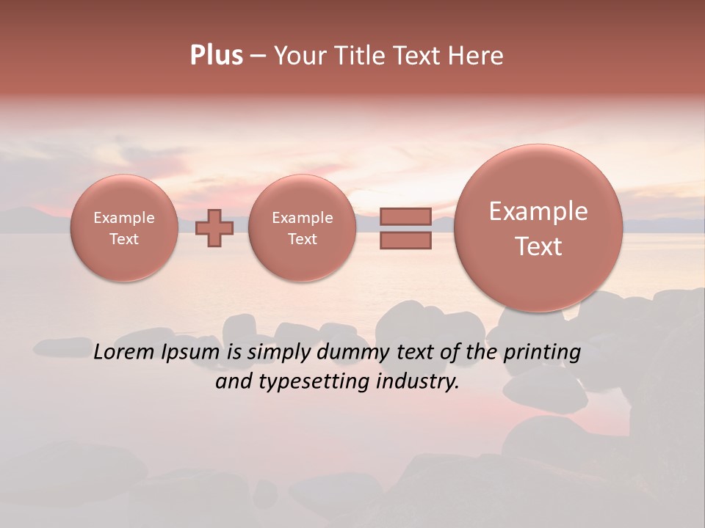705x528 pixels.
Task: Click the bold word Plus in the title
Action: point(216,56)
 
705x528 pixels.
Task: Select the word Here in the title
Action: point(477,56)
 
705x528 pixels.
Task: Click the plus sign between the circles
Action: point(214,228)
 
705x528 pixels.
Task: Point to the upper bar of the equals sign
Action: point(405,216)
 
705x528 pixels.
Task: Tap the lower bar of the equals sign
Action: point(405,240)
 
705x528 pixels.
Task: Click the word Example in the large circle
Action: point(538,211)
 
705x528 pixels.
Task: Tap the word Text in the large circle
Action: point(538,246)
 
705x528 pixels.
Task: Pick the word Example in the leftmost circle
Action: point(124,218)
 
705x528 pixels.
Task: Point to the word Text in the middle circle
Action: point(302,239)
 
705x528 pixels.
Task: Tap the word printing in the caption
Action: point(541,353)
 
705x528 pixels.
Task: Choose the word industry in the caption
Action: point(418,381)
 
